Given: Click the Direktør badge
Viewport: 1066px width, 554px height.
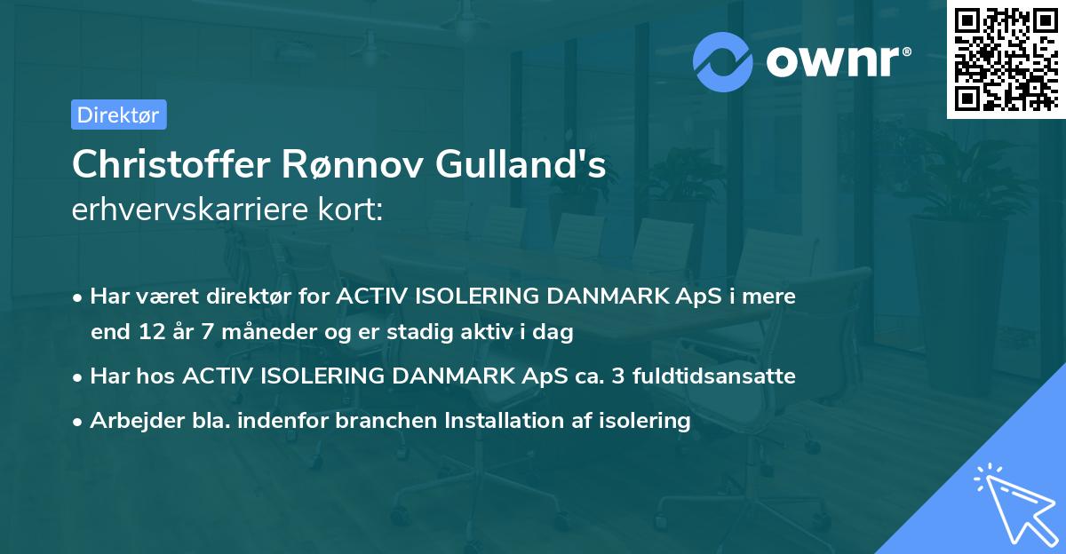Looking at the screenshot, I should point(118,115).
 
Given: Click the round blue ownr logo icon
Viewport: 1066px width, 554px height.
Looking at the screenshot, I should point(723,62).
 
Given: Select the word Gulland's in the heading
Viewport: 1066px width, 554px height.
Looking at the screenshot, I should point(536,165).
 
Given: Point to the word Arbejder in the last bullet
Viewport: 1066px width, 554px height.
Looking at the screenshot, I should point(129,421).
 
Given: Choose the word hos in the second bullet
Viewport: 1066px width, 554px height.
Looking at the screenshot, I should point(160,376).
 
